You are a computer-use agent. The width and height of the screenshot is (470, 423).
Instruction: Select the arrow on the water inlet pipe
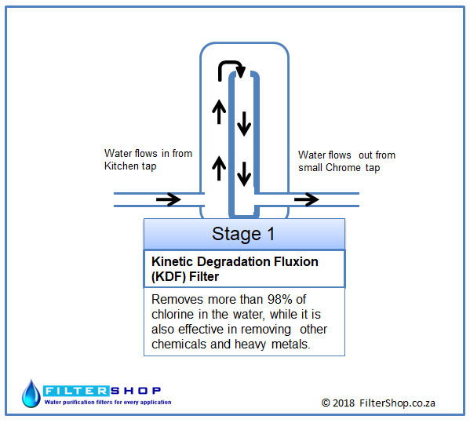(169, 199)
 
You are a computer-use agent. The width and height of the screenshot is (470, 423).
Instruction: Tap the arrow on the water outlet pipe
(306, 199)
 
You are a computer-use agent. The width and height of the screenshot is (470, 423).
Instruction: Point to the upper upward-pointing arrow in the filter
(219, 111)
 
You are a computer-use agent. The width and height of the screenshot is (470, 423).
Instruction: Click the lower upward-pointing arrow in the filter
(219, 168)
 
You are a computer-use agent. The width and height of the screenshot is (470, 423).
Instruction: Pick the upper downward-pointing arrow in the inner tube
(244, 124)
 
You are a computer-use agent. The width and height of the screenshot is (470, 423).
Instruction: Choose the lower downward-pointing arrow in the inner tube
(244, 174)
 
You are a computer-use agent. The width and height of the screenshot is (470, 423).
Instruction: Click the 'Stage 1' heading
(243, 234)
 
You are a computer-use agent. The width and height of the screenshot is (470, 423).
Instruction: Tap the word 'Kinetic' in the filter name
(173, 261)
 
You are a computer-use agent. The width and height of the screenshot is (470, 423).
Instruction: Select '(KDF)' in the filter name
(169, 276)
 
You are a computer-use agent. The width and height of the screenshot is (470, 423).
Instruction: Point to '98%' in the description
(279, 299)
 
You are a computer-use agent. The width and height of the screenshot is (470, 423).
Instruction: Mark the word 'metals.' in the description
(290, 345)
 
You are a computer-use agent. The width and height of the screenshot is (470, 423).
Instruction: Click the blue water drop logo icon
(31, 394)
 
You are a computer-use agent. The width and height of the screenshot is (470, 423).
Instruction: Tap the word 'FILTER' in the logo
(76, 391)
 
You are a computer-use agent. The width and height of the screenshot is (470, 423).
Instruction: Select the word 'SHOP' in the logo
(136, 391)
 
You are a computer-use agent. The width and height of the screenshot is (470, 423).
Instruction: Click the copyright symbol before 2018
(326, 403)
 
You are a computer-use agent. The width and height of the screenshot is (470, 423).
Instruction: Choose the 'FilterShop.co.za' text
(397, 403)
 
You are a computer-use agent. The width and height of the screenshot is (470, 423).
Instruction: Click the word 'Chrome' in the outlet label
(343, 167)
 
